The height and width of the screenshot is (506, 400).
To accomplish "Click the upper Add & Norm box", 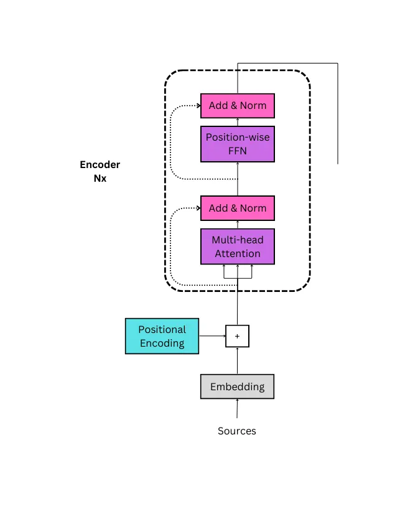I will pyautogui.click(x=237, y=105).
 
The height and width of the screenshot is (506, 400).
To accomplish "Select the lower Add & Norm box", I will pyautogui.click(x=237, y=208).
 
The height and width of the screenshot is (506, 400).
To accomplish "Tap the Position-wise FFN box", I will pyautogui.click(x=237, y=143).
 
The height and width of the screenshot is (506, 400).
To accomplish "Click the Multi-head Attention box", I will pyautogui.click(x=237, y=246).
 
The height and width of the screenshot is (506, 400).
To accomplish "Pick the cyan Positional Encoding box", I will pyautogui.click(x=162, y=336).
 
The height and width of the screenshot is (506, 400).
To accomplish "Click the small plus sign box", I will pyautogui.click(x=237, y=336).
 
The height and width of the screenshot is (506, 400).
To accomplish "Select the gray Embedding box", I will pyautogui.click(x=237, y=387).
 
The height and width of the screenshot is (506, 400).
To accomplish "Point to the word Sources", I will pyautogui.click(x=236, y=431).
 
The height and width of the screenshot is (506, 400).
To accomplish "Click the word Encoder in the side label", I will pyautogui.click(x=100, y=165).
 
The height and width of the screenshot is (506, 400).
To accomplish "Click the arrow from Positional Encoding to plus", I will pyautogui.click(x=212, y=336).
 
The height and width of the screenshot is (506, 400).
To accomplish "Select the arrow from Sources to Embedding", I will pyautogui.click(x=237, y=408).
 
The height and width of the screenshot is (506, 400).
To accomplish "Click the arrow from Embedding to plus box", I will pyautogui.click(x=237, y=361).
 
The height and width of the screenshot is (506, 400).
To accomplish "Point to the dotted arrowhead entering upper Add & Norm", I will pyautogui.click(x=197, y=106).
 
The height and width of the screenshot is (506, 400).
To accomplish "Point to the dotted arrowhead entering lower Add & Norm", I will pyautogui.click(x=197, y=208).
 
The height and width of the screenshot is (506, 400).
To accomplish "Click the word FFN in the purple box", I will pyautogui.click(x=237, y=150).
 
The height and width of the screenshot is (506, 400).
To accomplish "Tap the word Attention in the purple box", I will pyautogui.click(x=237, y=253).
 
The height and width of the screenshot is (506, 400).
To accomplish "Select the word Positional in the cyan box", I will pyautogui.click(x=162, y=329).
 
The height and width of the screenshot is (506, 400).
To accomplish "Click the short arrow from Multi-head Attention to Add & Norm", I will pyautogui.click(x=237, y=224).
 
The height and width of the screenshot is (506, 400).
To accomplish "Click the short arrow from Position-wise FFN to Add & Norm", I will pyautogui.click(x=237, y=121).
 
